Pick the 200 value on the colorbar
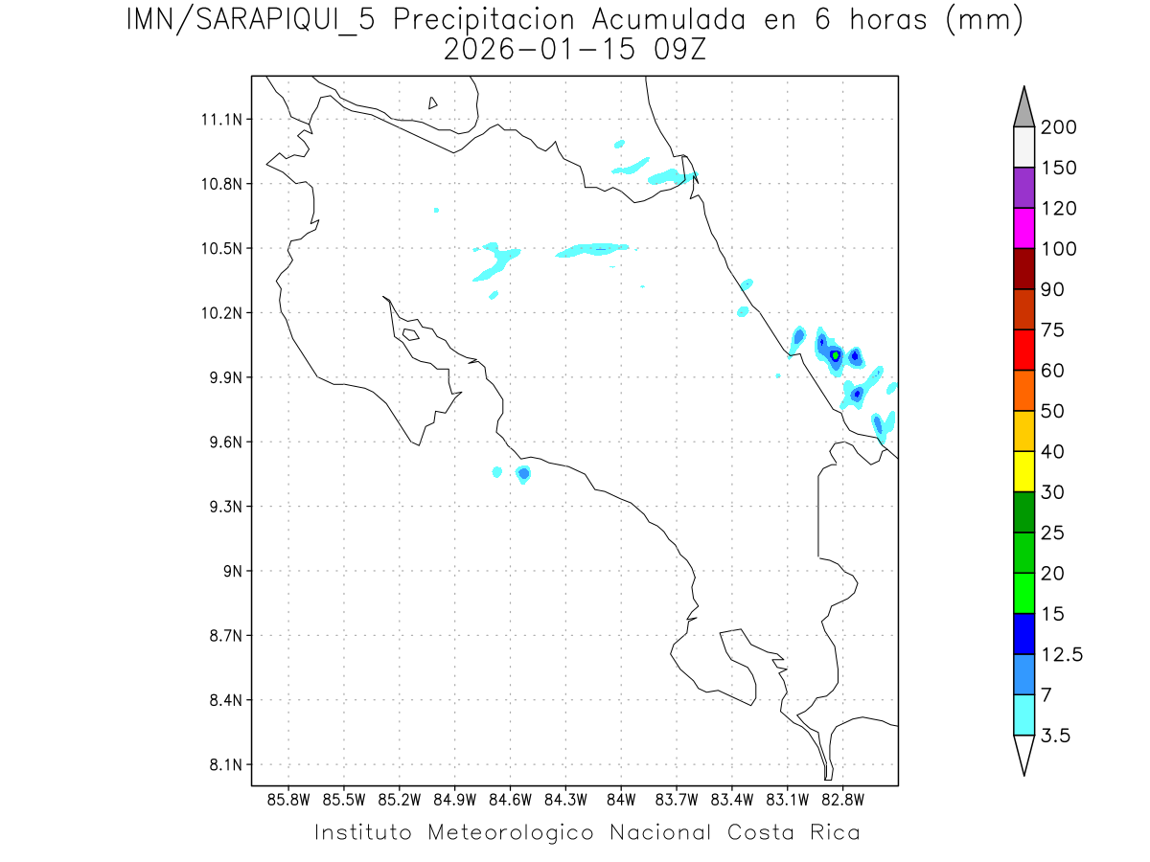tap(1058, 127)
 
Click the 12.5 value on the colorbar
tap(1062, 655)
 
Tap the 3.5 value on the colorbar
tap(1055, 736)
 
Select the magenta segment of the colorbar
tap(1023, 229)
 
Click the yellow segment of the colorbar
tap(1023, 471)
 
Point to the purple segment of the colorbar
tap(1023, 188)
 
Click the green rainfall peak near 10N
tap(836, 355)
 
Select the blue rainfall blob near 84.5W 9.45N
tap(523, 473)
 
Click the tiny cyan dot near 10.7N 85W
tap(436, 210)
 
